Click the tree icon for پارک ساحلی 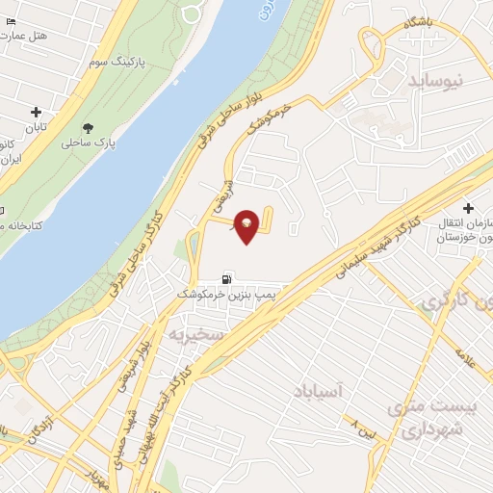click(x=89, y=127)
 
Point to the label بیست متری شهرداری click(x=424, y=417)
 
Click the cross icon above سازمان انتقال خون click(x=469, y=208)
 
